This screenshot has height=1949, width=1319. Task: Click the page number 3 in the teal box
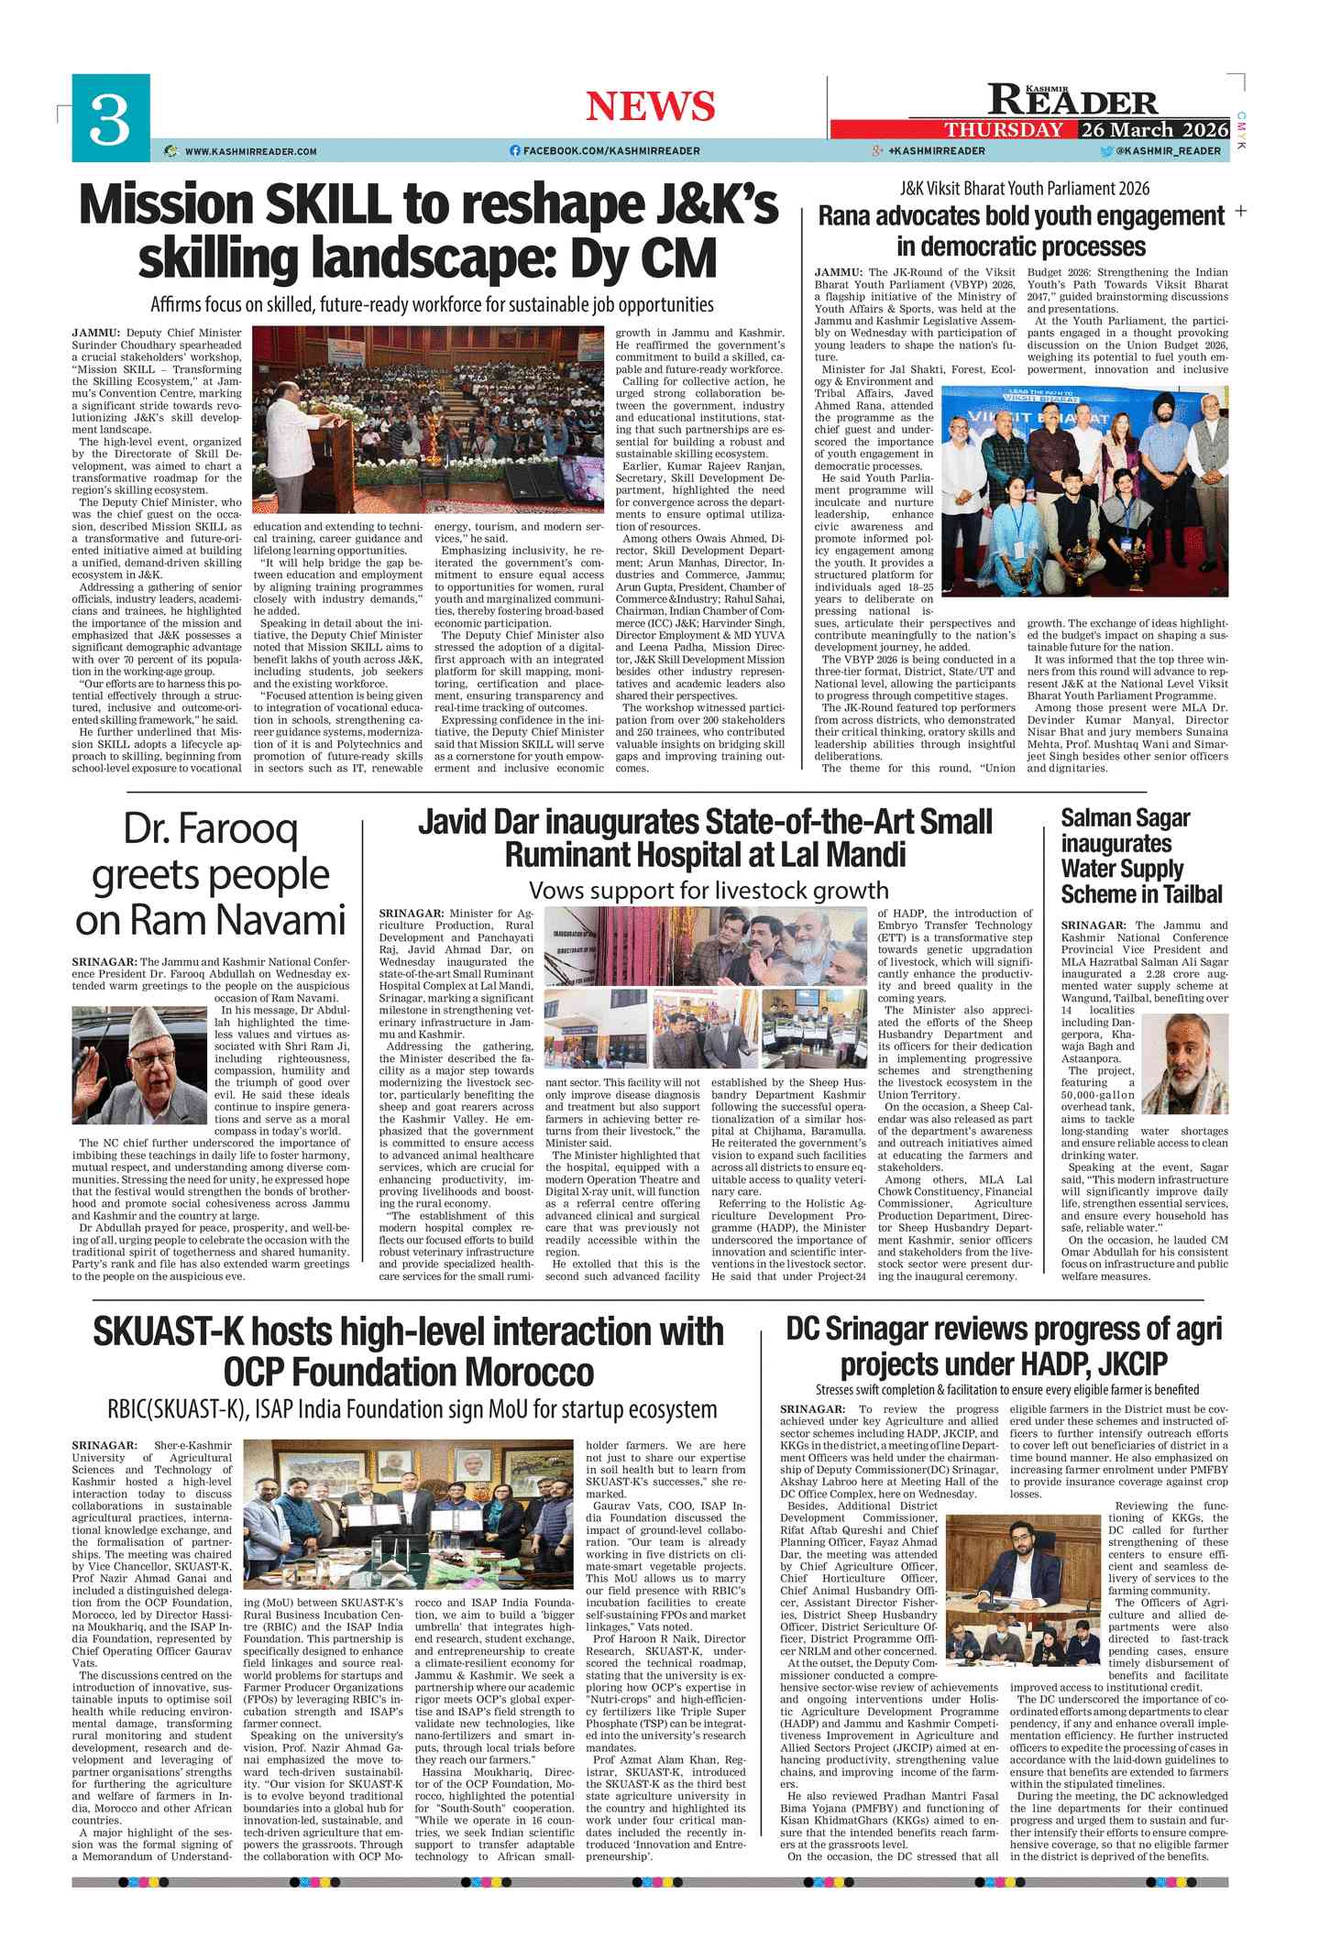point(110,118)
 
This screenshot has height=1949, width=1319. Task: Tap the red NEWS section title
point(650,106)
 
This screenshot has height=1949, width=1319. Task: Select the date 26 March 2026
point(1154,129)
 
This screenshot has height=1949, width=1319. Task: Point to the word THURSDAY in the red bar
point(1004,130)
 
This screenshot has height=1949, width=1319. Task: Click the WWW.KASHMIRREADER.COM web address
point(250,151)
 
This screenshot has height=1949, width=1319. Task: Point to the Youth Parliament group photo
point(1084,491)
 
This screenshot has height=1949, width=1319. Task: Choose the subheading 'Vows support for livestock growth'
point(708,891)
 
